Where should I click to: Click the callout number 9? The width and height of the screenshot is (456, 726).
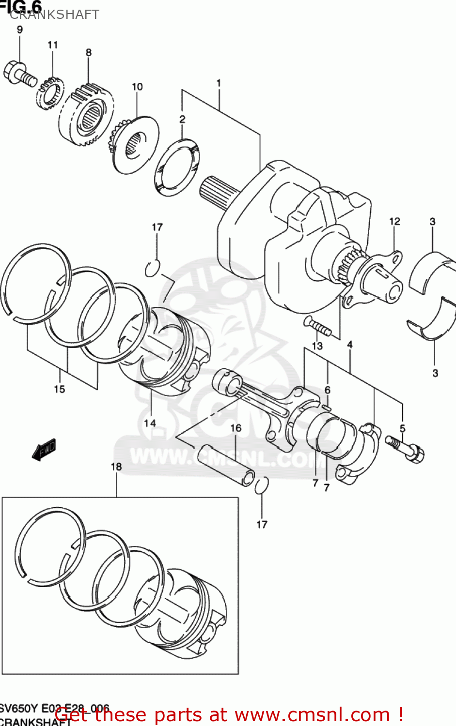(20, 30)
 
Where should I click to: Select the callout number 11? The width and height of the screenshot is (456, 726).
(52, 45)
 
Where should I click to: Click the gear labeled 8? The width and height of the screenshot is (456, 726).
(87, 115)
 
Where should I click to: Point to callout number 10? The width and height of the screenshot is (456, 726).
(137, 87)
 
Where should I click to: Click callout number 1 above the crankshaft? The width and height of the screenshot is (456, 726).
(219, 83)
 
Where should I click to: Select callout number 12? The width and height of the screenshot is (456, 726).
(394, 221)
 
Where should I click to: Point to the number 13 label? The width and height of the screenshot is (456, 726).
(317, 346)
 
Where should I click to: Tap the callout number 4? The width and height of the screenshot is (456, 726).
(350, 345)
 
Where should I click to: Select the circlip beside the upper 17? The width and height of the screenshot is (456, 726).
(152, 268)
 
